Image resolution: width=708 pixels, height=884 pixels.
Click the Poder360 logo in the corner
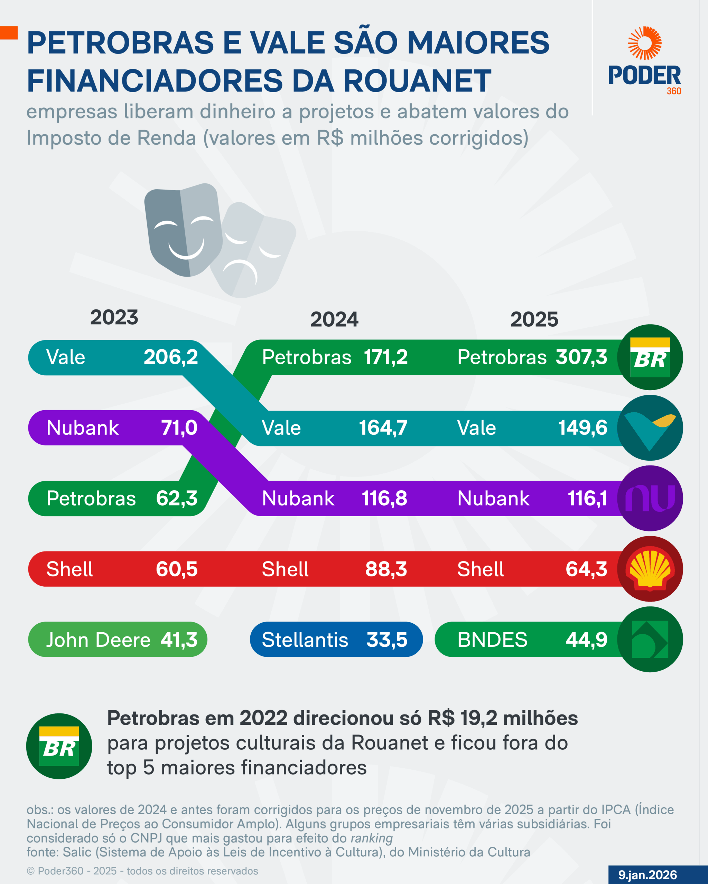644,61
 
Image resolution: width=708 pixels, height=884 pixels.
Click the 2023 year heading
114,318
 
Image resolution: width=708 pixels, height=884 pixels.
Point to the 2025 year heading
534,319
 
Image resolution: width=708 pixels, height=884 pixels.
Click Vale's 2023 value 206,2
171,357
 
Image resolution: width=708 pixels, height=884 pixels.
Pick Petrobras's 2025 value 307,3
581,357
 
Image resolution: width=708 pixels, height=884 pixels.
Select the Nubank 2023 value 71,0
179,427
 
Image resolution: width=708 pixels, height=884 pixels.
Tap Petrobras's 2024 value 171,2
386,357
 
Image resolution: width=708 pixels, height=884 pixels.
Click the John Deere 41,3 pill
118,640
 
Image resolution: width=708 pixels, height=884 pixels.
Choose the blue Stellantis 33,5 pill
336,640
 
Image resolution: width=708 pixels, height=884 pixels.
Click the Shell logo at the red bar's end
650,569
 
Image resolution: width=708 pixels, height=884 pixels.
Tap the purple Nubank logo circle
650,498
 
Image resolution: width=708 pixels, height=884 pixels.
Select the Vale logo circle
650,427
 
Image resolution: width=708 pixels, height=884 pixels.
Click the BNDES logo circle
650,640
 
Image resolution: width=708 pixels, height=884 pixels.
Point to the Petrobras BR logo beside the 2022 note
59,746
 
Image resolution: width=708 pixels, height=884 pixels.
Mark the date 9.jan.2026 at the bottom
647,875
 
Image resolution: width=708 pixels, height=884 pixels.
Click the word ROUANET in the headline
417,81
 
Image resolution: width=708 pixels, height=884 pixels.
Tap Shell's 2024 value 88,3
386,569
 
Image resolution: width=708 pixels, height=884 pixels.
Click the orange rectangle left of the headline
9,33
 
